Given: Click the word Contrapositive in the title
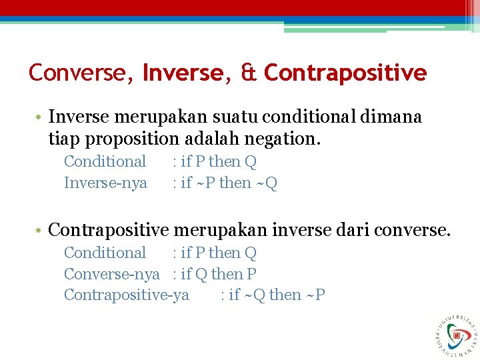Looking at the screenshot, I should click(x=345, y=72).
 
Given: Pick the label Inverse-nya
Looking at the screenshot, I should click(x=105, y=183).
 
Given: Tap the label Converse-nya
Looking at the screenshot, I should click(x=111, y=274).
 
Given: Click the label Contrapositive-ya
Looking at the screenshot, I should click(x=126, y=295).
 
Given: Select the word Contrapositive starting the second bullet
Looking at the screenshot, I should click(x=109, y=231).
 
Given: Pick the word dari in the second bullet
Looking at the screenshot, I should click(x=352, y=231).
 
